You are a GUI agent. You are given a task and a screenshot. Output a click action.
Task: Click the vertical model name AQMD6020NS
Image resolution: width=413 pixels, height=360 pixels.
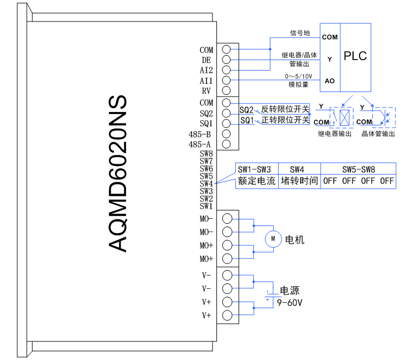[118, 174]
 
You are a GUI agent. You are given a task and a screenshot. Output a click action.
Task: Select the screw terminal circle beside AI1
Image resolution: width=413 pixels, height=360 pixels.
[226, 80]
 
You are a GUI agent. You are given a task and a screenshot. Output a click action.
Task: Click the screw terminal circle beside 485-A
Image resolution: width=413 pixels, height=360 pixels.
[226, 144]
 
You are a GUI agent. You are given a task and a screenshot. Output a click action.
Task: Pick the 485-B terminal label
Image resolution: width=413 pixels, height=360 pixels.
[199, 134]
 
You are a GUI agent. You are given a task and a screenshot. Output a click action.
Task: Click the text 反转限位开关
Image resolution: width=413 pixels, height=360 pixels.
[285, 110]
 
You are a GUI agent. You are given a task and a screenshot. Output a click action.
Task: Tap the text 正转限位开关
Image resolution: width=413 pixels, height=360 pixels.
[285, 120]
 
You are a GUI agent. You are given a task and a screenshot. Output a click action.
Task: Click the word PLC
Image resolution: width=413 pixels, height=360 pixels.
[355, 56]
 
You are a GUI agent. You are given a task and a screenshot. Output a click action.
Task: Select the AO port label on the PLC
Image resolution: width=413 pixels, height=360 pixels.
[329, 81]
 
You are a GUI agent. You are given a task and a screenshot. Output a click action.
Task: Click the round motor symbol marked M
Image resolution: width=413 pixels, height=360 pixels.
[273, 239]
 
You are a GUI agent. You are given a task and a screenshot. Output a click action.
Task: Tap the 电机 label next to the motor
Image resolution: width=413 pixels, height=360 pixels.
[295, 240]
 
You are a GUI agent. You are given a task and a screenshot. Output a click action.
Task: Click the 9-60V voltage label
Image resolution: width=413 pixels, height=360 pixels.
[290, 303]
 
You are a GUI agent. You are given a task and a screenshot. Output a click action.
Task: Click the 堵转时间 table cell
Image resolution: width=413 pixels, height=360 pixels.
[300, 181]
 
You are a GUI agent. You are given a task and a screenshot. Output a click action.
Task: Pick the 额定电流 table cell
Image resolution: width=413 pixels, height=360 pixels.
[256, 181]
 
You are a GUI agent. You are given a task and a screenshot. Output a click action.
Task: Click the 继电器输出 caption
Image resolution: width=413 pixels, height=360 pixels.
[334, 134]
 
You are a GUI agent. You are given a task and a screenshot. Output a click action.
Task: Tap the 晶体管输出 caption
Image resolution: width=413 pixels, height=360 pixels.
[378, 134]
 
